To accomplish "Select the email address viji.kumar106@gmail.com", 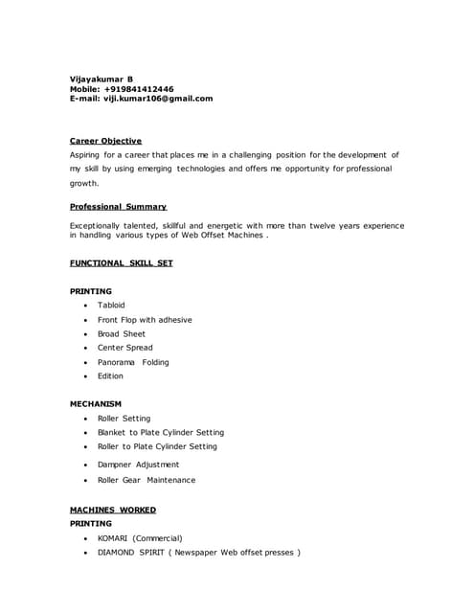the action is [x=158, y=98].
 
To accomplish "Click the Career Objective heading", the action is [x=105, y=141].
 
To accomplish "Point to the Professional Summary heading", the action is [x=118, y=206].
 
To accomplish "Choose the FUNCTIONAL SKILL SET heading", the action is [x=121, y=262].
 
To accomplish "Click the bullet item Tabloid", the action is [x=111, y=305].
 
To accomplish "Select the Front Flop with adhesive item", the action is [x=145, y=319].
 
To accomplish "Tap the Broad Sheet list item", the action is [x=122, y=333].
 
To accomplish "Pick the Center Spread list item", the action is [x=124, y=348].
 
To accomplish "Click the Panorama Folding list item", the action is [x=132, y=362].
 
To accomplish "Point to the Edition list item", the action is [x=110, y=375].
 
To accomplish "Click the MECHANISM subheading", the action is [x=96, y=404].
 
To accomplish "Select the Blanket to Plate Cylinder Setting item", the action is [x=160, y=432].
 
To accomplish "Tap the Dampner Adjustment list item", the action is [x=138, y=465].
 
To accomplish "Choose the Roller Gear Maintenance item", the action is [x=146, y=480].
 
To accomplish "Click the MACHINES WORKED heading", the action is [x=113, y=510].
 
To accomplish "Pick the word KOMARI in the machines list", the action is [x=113, y=538].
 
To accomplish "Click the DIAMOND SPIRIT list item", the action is [x=198, y=553].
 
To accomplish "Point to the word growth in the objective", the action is [x=84, y=182].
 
